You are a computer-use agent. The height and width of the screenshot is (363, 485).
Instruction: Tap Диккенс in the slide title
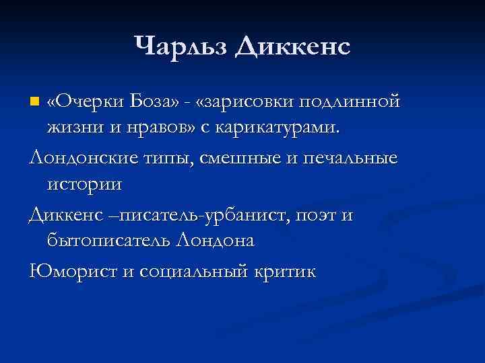[x=293, y=46]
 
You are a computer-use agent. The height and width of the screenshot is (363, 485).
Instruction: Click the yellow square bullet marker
[x=35, y=103]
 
